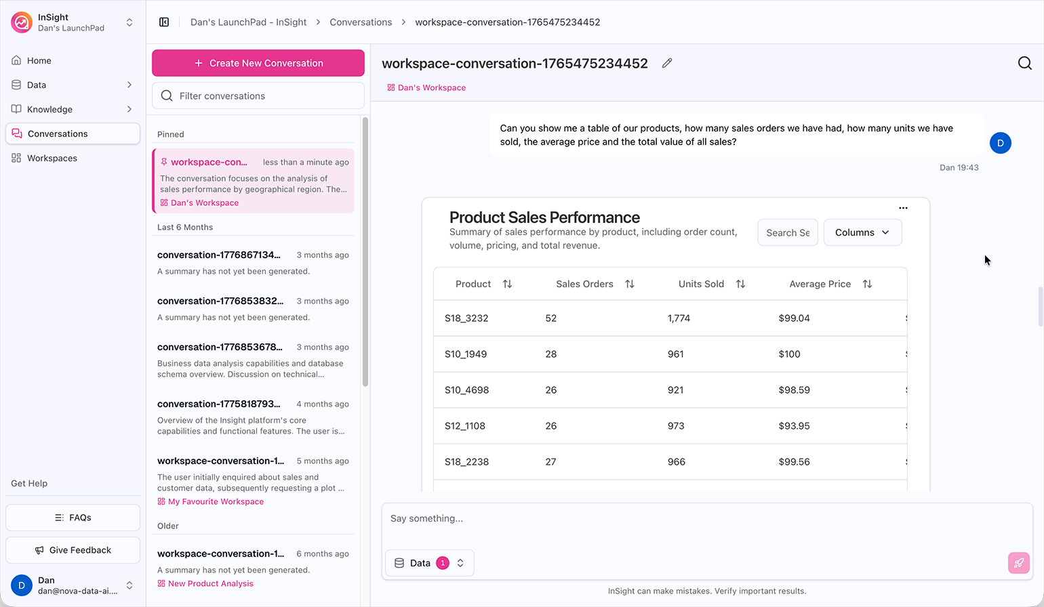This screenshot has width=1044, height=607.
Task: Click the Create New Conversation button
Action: point(258,63)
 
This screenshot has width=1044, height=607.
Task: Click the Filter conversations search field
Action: point(258,96)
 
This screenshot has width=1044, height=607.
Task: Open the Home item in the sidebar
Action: point(39,60)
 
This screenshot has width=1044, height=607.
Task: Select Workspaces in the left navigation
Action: point(52,158)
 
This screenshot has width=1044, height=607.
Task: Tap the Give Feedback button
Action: point(73,550)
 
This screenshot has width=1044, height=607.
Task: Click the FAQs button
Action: point(73,518)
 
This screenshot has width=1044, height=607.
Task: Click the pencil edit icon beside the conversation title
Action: point(667,63)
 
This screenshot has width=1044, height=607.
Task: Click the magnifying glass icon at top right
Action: point(1024,63)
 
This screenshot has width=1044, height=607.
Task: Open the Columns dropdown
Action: point(862,232)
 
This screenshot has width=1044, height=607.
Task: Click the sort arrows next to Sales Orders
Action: point(630,284)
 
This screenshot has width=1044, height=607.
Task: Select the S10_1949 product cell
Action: point(466,354)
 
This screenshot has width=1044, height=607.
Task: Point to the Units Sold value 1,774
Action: point(679,318)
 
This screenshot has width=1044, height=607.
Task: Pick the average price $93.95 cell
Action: point(795,426)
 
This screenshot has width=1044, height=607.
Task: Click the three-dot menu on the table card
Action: point(903,208)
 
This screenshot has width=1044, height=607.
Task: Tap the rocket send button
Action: point(1019,563)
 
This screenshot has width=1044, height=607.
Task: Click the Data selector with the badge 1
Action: point(430,563)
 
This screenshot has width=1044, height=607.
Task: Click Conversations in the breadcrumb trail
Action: point(361,22)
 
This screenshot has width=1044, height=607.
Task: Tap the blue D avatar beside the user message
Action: point(1000,143)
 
